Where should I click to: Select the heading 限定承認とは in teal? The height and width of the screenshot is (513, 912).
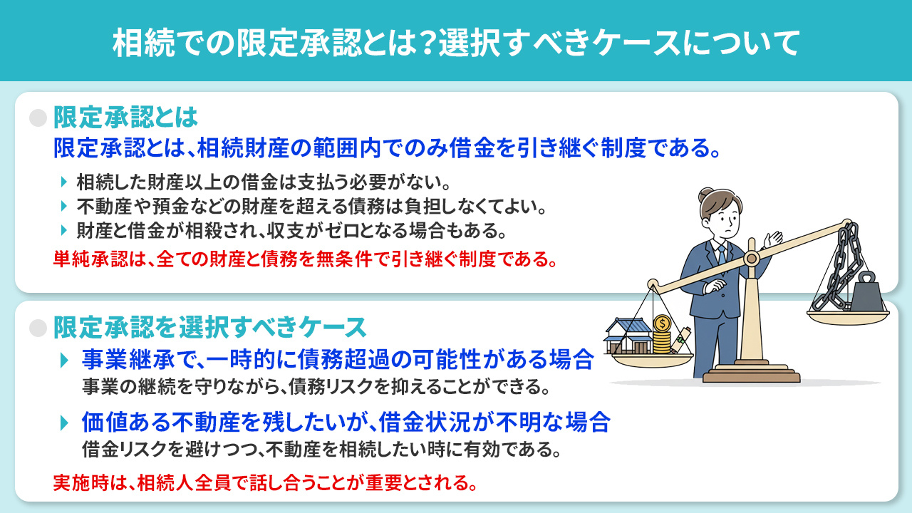click(125, 117)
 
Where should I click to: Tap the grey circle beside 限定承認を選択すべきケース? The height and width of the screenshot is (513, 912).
click(38, 327)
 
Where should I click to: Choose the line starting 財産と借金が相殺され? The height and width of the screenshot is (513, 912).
click(292, 231)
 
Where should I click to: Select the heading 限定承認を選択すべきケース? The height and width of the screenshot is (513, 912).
click(209, 327)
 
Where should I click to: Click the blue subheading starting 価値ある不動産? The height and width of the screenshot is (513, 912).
click(346, 422)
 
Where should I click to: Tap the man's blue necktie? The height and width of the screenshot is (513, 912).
click(720, 255)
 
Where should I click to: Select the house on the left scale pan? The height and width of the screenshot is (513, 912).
click(629, 336)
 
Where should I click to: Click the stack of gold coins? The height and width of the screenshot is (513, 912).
click(662, 338)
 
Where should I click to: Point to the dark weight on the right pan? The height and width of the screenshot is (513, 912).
click(866, 291)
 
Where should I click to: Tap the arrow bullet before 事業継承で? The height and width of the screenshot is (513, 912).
click(66, 359)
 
